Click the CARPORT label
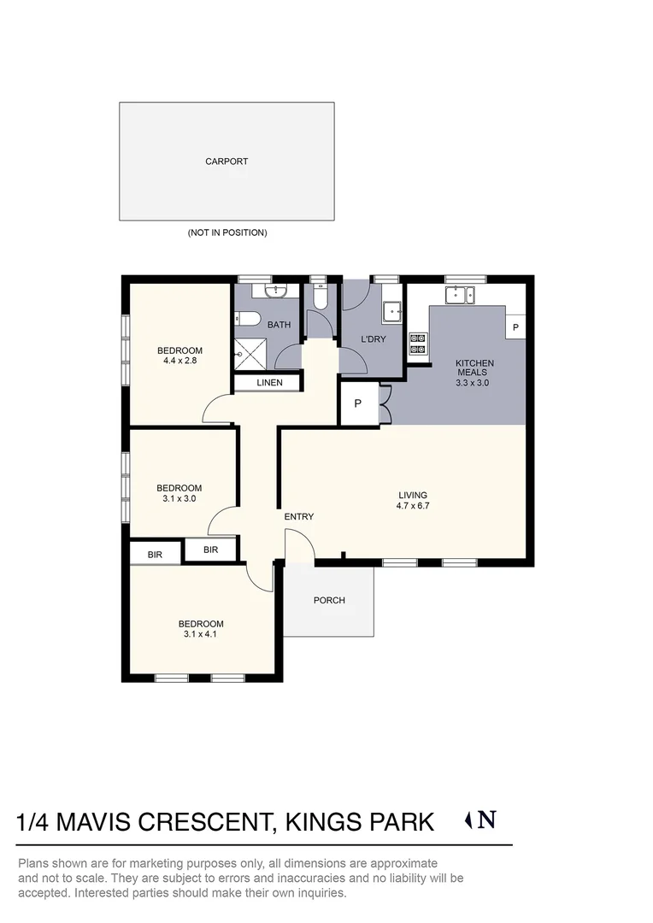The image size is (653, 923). (x=226, y=161)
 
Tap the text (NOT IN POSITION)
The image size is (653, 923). (x=226, y=232)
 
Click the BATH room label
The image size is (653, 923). (x=279, y=325)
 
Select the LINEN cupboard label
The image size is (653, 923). (x=269, y=383)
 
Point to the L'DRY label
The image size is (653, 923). (x=374, y=339)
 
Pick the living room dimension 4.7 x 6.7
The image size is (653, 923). (x=413, y=506)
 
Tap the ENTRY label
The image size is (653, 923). (x=299, y=516)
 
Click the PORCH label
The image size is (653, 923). (x=329, y=601)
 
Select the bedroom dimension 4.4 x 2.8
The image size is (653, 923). (x=179, y=362)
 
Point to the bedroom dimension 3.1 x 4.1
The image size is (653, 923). (x=202, y=635)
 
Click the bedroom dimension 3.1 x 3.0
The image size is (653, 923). (x=179, y=498)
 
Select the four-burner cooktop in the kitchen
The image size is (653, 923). (x=418, y=343)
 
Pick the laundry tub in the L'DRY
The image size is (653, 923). (x=392, y=311)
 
